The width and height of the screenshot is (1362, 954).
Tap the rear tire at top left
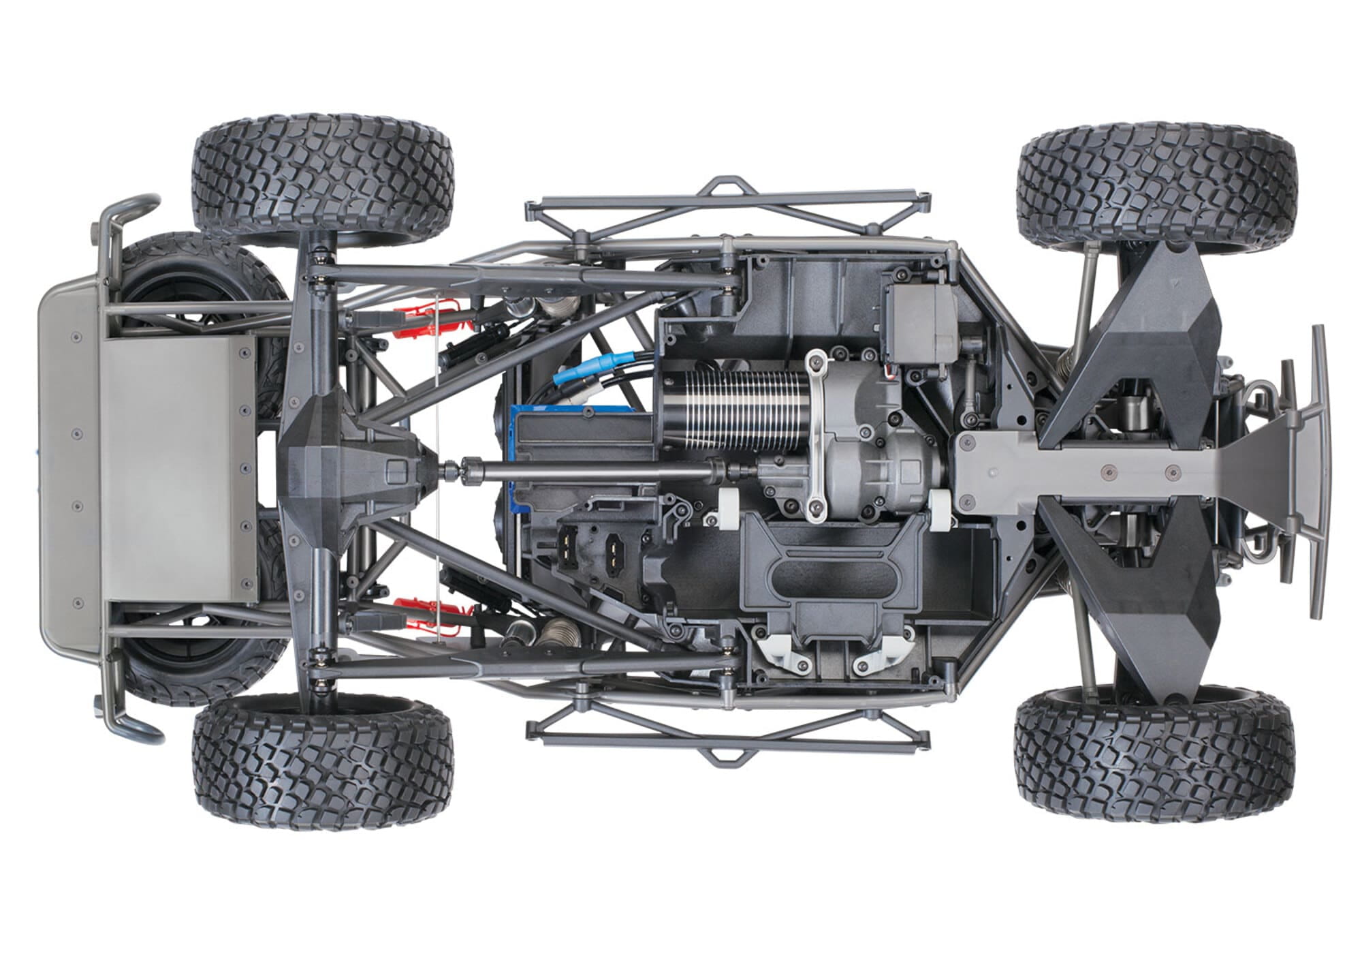pos(321,174)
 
